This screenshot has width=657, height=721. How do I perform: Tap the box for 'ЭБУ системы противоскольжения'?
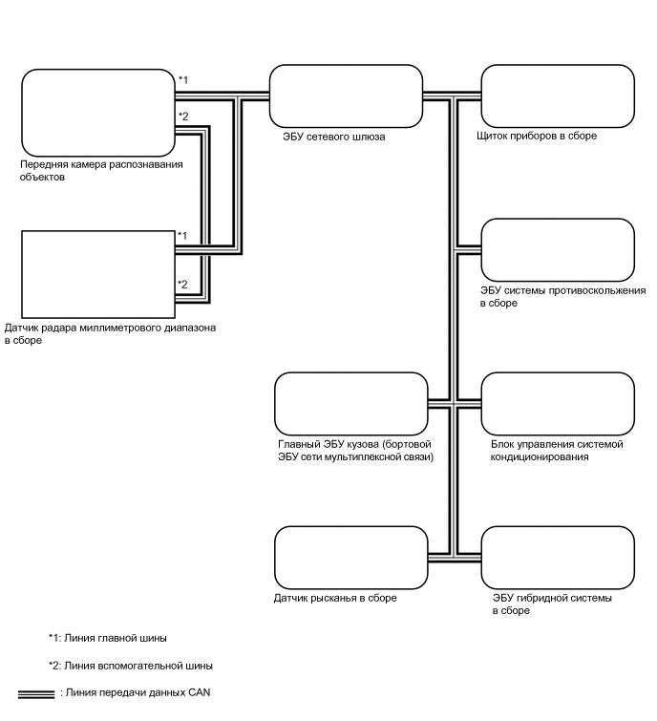(557, 250)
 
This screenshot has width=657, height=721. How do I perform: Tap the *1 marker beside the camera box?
(182, 79)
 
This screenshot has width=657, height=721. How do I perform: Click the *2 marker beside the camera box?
(182, 117)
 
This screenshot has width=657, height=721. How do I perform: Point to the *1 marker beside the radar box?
(182, 235)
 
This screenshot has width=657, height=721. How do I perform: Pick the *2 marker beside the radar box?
(182, 284)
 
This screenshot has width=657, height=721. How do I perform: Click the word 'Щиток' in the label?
(493, 137)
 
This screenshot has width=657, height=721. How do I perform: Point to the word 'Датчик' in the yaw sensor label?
(290, 598)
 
